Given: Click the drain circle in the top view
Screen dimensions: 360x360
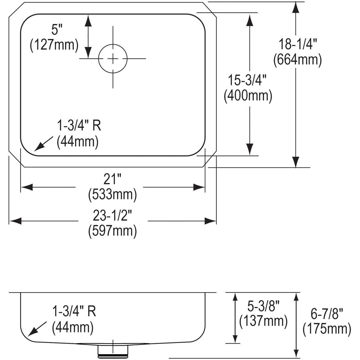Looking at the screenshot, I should (x=113, y=59).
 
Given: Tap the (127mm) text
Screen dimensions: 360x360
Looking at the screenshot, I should (x=54, y=45).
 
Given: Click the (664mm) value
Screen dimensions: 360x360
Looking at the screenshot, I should (x=297, y=59).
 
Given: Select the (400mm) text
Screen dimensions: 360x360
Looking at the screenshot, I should (x=248, y=96).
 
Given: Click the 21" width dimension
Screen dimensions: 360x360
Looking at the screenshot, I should (x=112, y=179).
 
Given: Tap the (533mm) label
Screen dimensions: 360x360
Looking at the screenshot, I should (x=112, y=195).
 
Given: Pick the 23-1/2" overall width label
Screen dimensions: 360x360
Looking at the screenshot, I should (x=113, y=216).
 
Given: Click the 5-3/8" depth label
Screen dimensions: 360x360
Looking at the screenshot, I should (x=264, y=306).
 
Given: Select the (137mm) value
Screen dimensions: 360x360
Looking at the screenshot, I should (x=263, y=321).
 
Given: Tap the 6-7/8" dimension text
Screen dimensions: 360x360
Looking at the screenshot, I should (x=327, y=314).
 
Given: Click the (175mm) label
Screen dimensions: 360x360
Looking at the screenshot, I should (x=327, y=329).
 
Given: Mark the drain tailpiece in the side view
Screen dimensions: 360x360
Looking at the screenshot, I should (x=113, y=351).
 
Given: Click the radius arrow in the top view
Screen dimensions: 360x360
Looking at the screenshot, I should (x=41, y=144).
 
